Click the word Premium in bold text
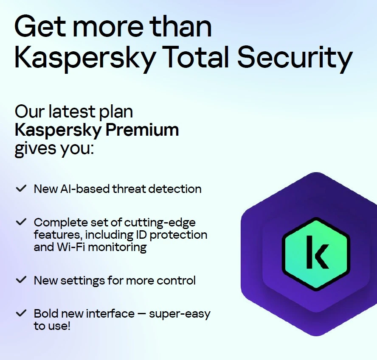142,130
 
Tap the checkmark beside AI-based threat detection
21,188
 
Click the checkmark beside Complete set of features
21,222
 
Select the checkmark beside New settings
21,279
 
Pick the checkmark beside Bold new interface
21,313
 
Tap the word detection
175,189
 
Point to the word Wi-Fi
72,247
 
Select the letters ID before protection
141,235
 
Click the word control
176,280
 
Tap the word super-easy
180,314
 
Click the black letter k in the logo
317,252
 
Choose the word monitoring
117,248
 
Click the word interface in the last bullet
110,314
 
